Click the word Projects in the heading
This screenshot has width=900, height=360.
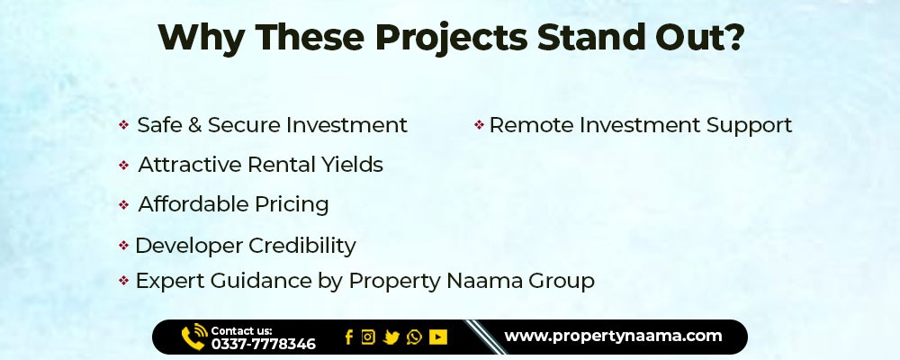(x=451, y=39)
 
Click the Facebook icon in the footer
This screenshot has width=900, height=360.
(x=348, y=337)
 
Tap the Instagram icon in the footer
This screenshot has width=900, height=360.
(x=368, y=337)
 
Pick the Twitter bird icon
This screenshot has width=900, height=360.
(x=391, y=337)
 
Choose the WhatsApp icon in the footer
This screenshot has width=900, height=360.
(x=414, y=337)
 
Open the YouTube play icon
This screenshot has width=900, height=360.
(x=438, y=337)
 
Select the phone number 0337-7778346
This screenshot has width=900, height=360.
(x=264, y=344)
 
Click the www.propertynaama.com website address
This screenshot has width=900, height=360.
(x=613, y=337)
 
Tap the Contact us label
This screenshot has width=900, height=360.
(x=241, y=330)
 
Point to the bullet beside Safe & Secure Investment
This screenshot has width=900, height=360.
(x=123, y=124)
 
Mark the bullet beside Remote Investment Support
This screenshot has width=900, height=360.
(x=480, y=124)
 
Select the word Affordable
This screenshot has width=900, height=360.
(x=193, y=204)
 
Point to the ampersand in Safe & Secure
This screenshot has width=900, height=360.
(x=194, y=125)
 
